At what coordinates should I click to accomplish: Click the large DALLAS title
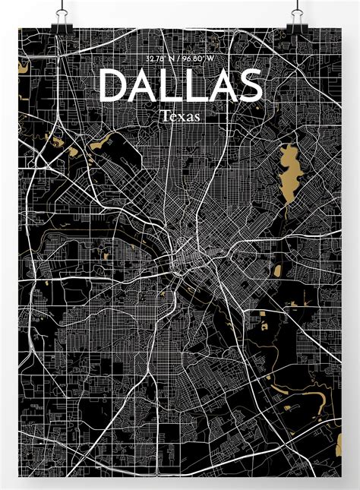click(180, 86)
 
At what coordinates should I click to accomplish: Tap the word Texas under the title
click(180, 116)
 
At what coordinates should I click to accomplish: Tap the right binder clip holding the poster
click(298, 17)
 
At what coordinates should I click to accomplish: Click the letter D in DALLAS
click(114, 86)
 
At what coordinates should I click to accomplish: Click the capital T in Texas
click(165, 116)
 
